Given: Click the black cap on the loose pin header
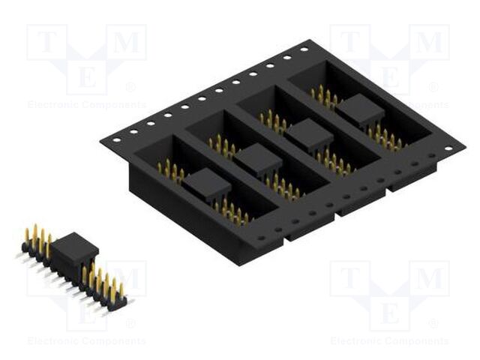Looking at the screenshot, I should [74, 248].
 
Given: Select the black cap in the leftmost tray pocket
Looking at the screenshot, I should [206, 184].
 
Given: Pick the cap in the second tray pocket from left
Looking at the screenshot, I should [257, 160].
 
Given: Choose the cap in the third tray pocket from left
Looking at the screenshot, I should [309, 136].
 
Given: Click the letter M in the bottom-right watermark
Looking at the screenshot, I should [429, 279].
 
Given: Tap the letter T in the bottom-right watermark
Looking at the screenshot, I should [349, 279].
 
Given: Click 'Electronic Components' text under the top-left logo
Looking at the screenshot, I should [86, 104].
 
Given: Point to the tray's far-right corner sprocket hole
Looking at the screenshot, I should [448, 148].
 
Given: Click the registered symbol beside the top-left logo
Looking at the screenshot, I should [131, 87].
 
